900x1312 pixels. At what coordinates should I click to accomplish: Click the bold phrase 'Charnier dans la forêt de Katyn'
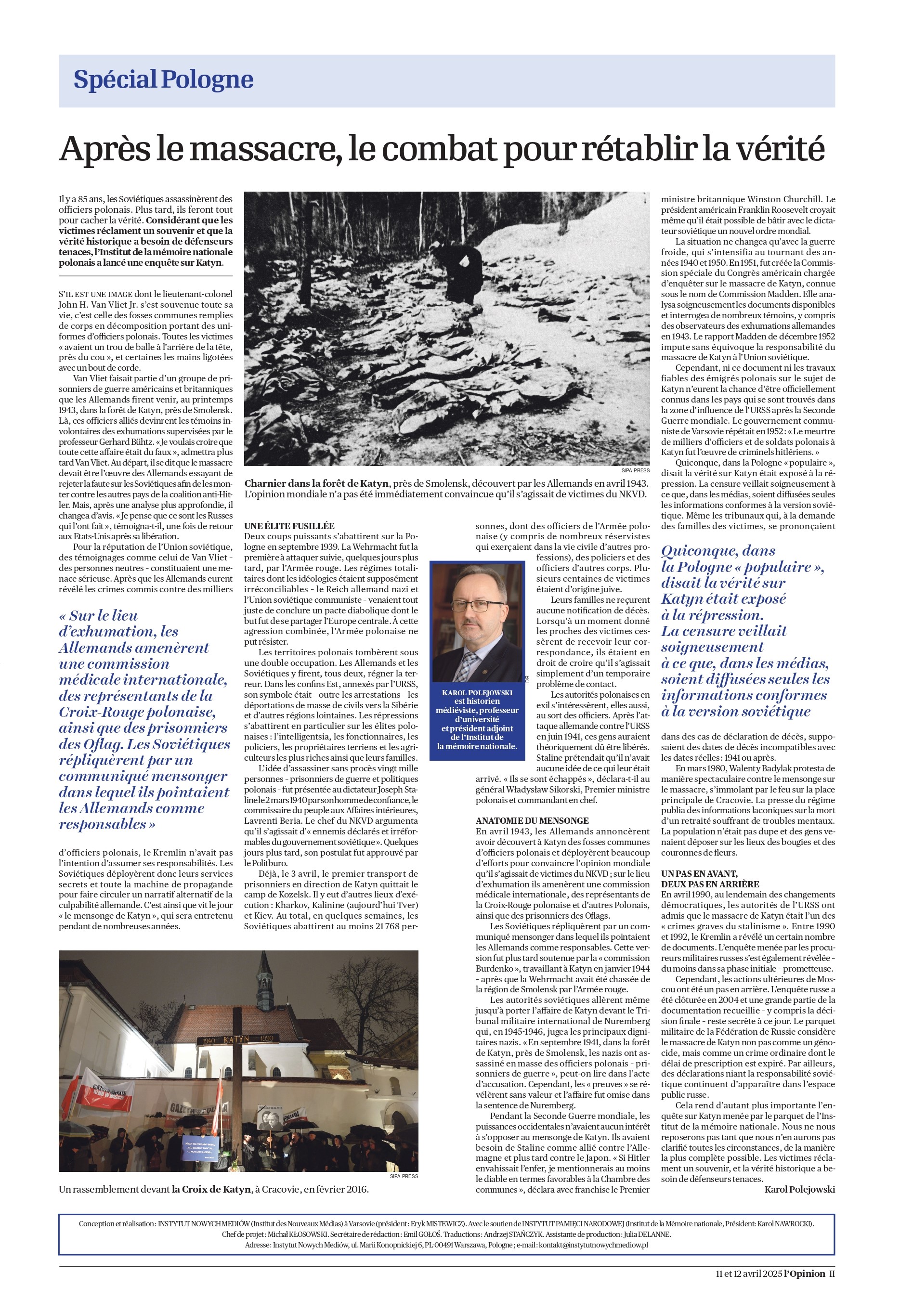pos(316,483)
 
